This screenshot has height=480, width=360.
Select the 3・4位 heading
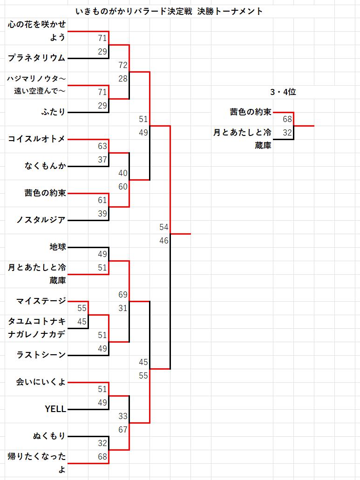click(x=283, y=92)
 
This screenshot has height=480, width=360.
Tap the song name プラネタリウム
click(x=37, y=58)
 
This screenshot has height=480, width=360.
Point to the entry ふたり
click(x=53, y=112)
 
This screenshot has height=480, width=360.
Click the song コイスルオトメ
click(x=37, y=139)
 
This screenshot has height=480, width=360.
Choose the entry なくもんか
click(x=45, y=166)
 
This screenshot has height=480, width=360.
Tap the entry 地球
click(x=58, y=247)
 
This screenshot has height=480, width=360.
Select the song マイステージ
click(x=41, y=301)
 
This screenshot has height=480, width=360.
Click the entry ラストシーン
click(x=41, y=355)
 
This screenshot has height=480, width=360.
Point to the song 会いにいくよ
click(x=41, y=382)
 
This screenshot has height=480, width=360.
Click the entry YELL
click(x=55, y=409)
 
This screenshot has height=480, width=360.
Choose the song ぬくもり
click(x=49, y=436)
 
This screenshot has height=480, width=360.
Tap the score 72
click(x=123, y=65)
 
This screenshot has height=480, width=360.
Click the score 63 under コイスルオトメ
click(x=102, y=146)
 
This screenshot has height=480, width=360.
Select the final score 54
click(x=163, y=227)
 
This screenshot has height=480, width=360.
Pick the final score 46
click(x=163, y=241)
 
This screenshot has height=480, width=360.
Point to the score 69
click(x=123, y=295)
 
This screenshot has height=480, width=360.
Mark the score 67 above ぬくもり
click(x=123, y=429)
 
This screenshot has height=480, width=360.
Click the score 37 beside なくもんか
click(x=102, y=160)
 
